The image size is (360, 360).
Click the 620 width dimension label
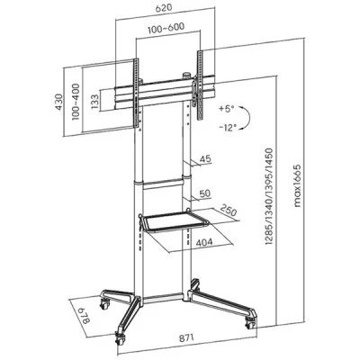point(164,8)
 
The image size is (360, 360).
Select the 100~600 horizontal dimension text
point(166,28)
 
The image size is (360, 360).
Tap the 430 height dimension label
point(58,102)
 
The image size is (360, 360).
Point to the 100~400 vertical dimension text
point(76,102)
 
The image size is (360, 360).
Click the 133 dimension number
point(94,102)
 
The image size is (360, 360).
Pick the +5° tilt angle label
point(226,109)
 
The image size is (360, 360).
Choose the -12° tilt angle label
point(228,128)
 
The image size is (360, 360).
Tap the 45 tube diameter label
point(205,158)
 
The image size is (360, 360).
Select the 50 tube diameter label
point(205,193)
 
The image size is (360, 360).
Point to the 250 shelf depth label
point(229,211)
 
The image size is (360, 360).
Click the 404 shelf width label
point(204,242)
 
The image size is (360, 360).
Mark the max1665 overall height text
point(297,185)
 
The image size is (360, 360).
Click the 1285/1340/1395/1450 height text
point(269,196)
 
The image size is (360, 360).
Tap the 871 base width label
point(186,337)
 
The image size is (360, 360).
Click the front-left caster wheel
point(121,339)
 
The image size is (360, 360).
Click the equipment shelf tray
point(174,221)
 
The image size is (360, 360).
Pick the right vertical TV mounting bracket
point(200,85)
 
